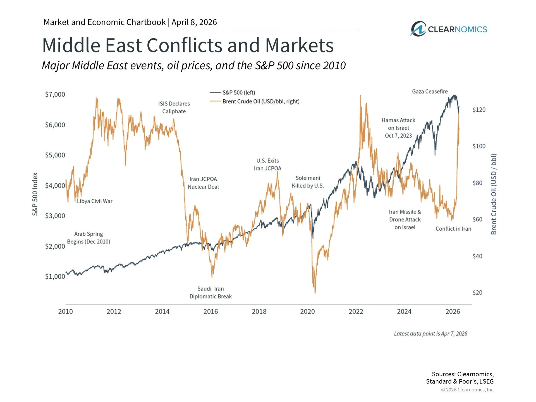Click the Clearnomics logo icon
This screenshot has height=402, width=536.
[x=418, y=29]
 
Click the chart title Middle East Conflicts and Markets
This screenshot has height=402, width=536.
[x=188, y=45]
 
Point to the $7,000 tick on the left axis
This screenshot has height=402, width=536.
[x=55, y=94]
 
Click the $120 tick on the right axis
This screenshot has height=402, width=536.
[x=479, y=110]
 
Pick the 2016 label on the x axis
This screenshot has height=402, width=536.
[x=210, y=312]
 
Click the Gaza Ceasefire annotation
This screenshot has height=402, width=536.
[x=430, y=92]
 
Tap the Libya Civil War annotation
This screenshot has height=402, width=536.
[x=95, y=201]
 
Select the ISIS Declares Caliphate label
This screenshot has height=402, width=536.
[x=174, y=107]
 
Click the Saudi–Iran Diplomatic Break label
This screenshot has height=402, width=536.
[x=210, y=293]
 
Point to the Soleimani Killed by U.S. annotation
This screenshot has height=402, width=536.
[x=308, y=182]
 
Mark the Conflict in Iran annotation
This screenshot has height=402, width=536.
[x=453, y=229]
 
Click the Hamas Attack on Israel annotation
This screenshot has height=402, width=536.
[x=398, y=128]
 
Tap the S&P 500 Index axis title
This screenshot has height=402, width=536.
[x=35, y=194]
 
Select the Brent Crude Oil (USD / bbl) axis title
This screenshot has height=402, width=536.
[x=494, y=194]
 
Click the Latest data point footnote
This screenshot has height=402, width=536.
[x=430, y=334]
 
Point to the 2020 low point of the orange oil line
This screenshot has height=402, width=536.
[x=315, y=292]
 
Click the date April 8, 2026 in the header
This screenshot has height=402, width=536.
[x=194, y=22]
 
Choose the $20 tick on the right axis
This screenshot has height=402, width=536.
[x=477, y=293]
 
